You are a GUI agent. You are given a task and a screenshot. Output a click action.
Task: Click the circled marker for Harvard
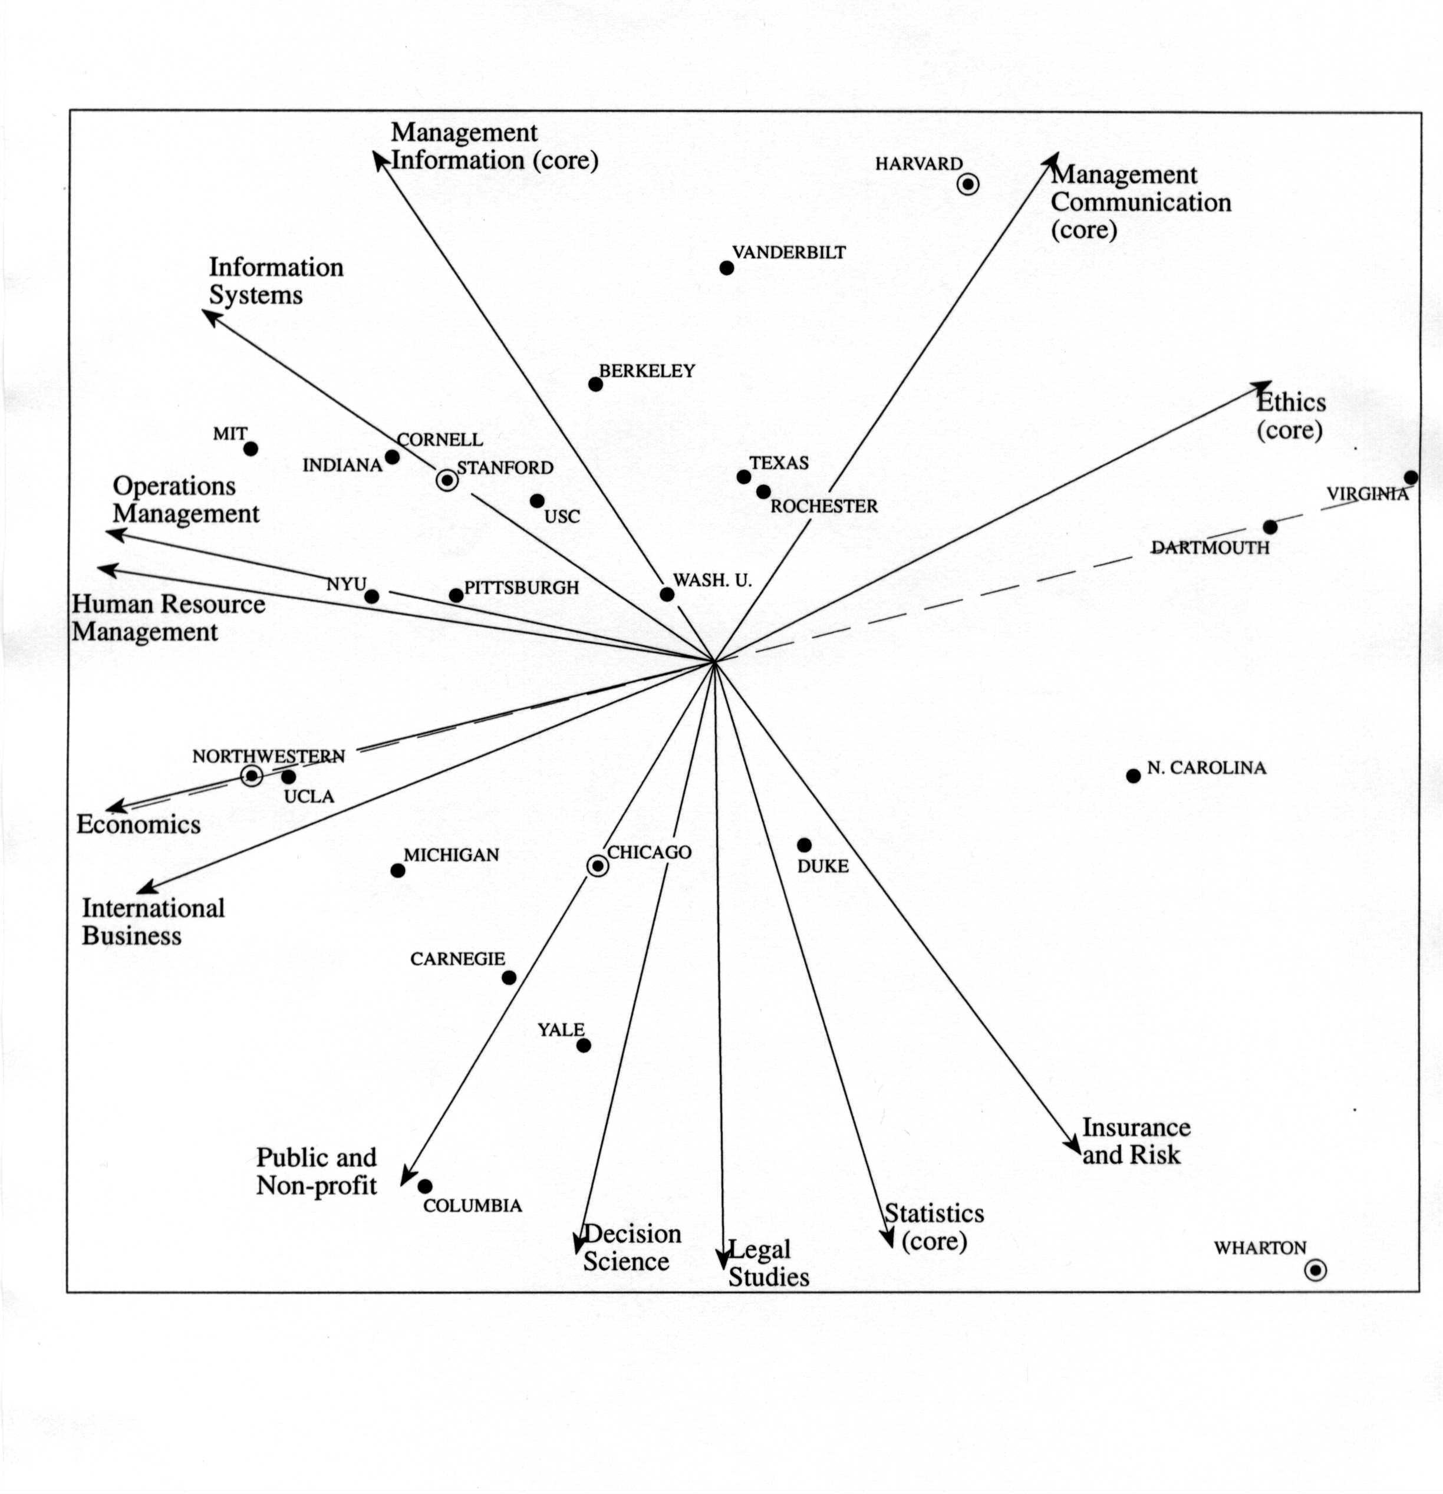point(967,184)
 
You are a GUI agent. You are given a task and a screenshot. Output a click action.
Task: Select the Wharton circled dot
point(1315,1270)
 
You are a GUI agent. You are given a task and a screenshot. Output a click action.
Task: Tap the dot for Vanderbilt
point(726,268)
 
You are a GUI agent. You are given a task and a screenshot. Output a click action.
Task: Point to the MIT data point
point(250,449)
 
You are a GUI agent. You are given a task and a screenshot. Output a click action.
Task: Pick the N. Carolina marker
point(1134,776)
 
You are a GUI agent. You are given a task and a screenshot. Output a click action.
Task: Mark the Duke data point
point(804,845)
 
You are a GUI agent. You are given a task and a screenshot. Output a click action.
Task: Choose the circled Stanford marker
point(447,480)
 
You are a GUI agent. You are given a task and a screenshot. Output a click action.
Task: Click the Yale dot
point(583,1045)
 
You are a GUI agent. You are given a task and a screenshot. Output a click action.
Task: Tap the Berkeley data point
point(595,384)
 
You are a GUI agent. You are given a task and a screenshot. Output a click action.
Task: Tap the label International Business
point(153,922)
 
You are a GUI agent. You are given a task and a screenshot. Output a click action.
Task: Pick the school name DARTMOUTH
point(1210,548)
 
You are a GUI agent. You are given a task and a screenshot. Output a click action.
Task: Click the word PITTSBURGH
point(522,588)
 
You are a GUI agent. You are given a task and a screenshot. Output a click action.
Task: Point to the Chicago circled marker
point(598,866)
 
